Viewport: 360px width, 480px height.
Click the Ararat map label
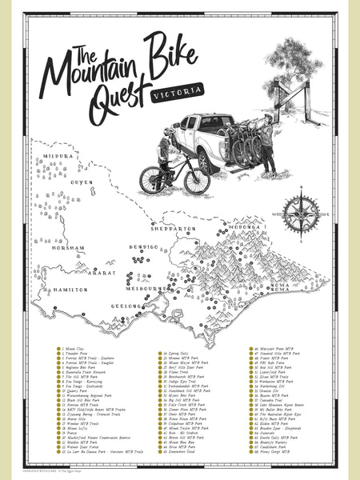102,272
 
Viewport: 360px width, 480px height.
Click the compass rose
302,214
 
